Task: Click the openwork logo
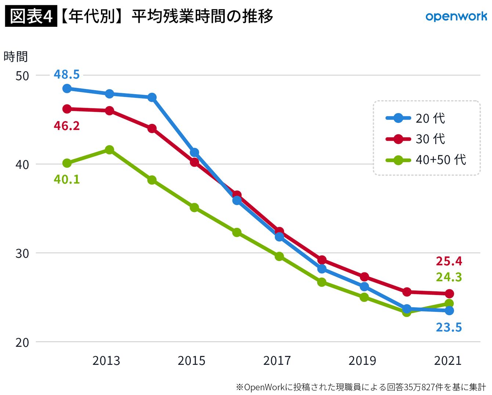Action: (x=456, y=17)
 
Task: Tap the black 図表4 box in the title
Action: (x=31, y=16)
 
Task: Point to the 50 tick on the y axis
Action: (x=22, y=76)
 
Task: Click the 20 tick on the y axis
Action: (x=22, y=342)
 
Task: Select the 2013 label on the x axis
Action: (x=106, y=361)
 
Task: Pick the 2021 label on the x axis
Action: (x=448, y=361)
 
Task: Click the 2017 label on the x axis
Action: (x=277, y=361)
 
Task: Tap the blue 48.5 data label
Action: (x=67, y=74)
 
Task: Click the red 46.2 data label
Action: (x=67, y=126)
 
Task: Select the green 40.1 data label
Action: (x=67, y=179)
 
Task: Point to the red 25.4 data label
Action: (x=449, y=261)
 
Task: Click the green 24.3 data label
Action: (x=449, y=277)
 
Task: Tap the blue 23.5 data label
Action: (x=449, y=327)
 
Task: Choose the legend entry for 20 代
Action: (x=415, y=118)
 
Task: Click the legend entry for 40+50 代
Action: (x=426, y=160)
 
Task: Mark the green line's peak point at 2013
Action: (x=109, y=150)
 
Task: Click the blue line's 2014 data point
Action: (x=152, y=97)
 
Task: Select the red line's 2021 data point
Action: (x=449, y=293)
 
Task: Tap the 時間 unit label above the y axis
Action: (x=15, y=57)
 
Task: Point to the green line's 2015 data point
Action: (x=195, y=207)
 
